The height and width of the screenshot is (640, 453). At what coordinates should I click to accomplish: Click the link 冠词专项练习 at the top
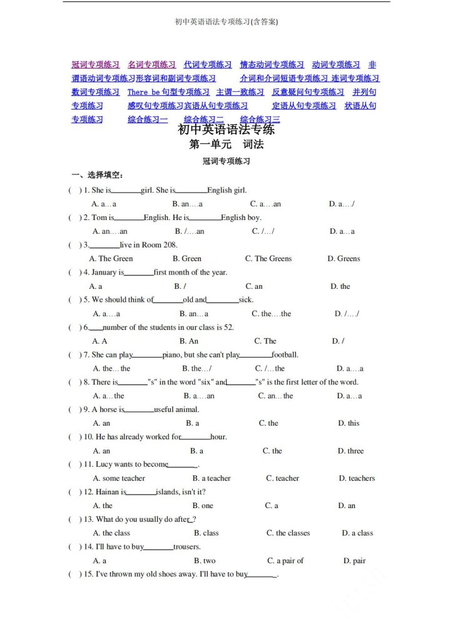pos(96,64)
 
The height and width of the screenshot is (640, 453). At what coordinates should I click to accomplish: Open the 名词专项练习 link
pos(151,64)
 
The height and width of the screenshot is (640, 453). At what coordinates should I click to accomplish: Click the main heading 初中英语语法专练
pos(227,130)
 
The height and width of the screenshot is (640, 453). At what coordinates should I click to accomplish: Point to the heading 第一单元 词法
pos(227,144)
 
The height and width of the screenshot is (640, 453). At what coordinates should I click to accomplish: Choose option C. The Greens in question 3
pos(268,259)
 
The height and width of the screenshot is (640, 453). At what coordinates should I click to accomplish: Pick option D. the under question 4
pos(340,286)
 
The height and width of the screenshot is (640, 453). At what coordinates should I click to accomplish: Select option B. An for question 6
pos(189,341)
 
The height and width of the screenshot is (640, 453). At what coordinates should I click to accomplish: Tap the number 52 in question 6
pos(228,327)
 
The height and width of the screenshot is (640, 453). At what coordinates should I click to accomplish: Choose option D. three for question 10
pos(350,451)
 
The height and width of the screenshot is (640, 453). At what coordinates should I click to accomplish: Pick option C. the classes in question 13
pos(288,533)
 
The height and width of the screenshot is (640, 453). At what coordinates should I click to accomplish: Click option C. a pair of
pos(285,561)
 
